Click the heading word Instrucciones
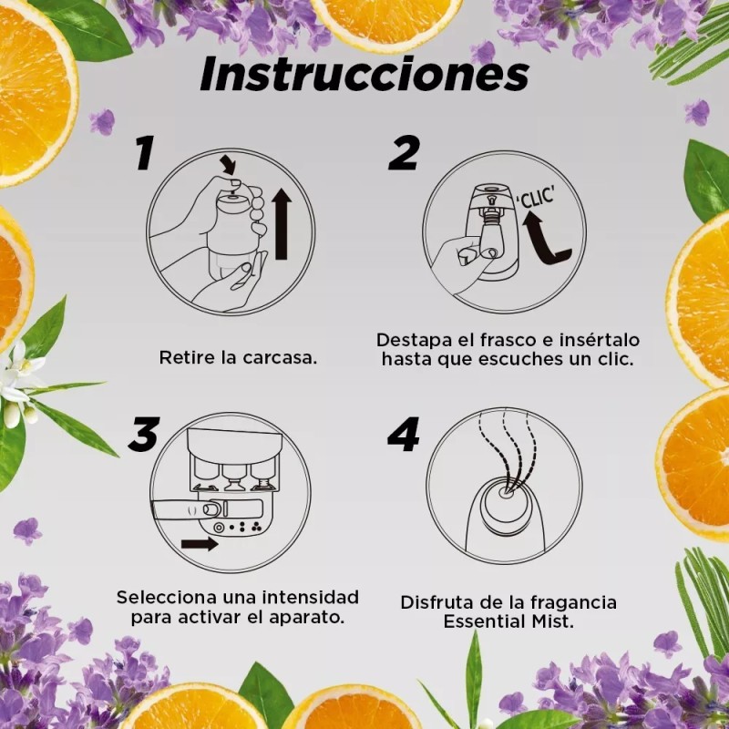(364, 74)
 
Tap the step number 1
(145, 153)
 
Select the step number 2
(404, 153)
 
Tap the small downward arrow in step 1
(227, 165)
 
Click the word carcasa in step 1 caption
(280, 357)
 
